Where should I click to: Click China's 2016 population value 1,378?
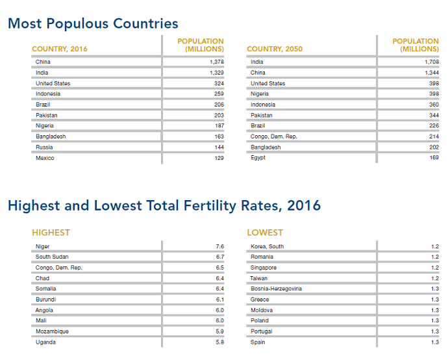[x=216, y=62]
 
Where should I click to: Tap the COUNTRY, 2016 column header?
[x=60, y=49]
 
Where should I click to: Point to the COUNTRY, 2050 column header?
[x=275, y=49]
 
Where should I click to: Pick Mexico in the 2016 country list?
[x=45, y=158]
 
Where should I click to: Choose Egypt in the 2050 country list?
[x=258, y=158]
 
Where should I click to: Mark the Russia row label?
[x=44, y=148]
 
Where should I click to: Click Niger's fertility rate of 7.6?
[x=219, y=247]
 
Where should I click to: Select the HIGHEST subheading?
[x=51, y=232]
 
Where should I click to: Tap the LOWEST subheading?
[x=265, y=232]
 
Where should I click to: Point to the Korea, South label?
[x=267, y=247]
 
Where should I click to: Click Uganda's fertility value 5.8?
[x=219, y=342]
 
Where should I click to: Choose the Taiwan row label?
[x=260, y=279]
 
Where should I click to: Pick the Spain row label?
[x=258, y=342]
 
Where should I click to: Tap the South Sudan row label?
[x=52, y=257]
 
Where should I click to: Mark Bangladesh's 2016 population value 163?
[x=219, y=137]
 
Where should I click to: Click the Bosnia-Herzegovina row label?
[x=277, y=289]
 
